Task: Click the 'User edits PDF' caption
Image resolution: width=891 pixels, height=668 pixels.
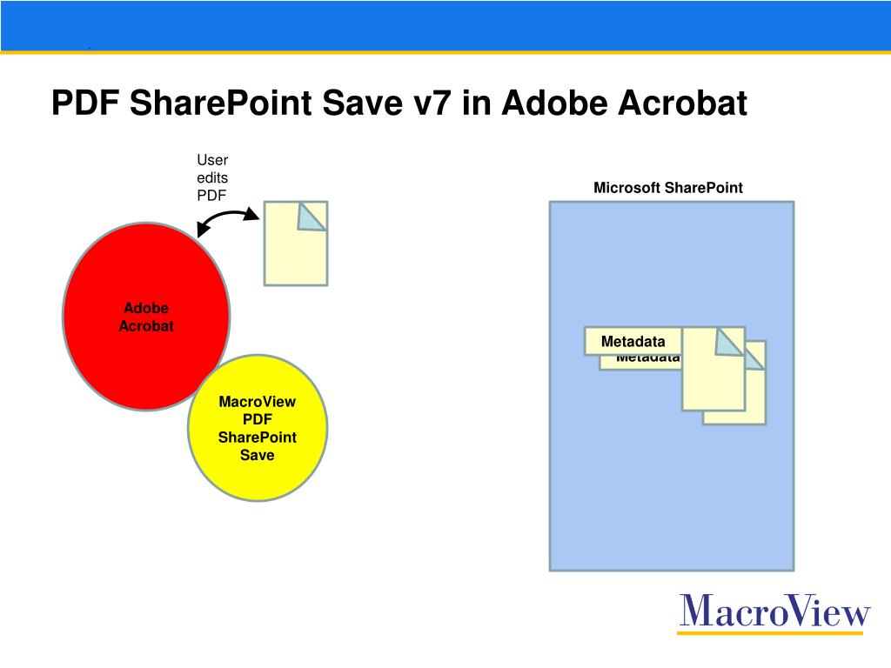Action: point(212,177)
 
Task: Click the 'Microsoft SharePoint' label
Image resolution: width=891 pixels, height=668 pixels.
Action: point(668,188)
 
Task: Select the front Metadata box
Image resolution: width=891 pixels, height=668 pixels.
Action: point(633,342)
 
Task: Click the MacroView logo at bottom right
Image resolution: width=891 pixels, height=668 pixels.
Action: point(774,611)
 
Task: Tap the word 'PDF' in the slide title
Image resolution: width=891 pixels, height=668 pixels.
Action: point(86,104)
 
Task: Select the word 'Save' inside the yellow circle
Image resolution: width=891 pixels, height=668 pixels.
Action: point(258,455)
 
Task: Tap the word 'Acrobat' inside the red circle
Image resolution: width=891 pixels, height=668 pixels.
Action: point(146,326)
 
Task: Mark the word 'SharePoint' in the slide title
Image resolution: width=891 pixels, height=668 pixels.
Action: point(222,104)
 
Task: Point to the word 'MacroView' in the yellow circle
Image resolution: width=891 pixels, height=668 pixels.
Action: point(258,402)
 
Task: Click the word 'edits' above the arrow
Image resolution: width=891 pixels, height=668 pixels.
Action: point(212,177)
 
